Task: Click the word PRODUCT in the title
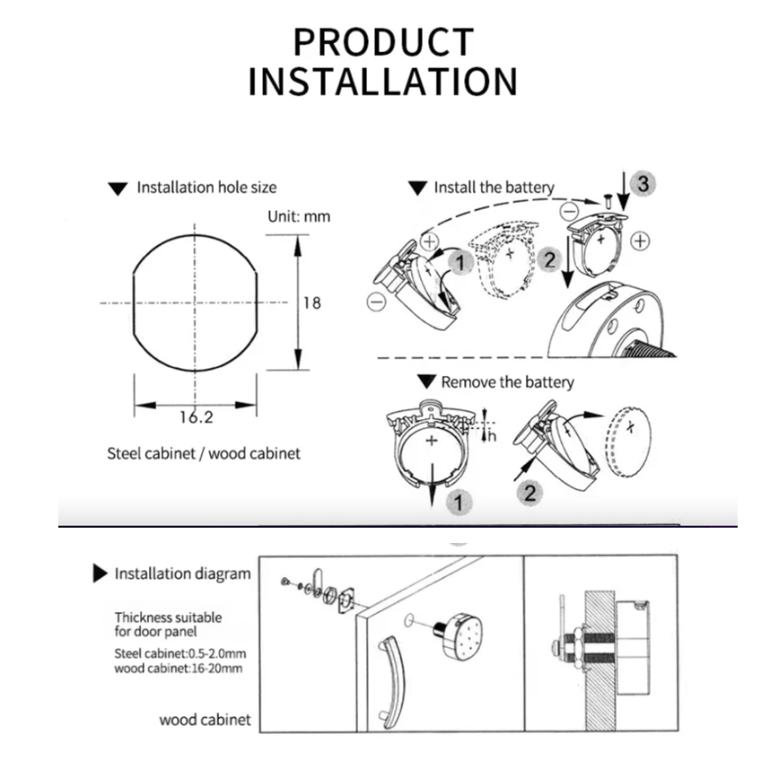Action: tap(383, 42)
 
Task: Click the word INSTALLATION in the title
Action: tap(383, 82)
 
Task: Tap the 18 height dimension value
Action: tap(312, 302)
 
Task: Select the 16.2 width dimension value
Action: tap(196, 417)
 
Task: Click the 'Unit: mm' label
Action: tap(299, 216)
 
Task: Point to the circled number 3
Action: tap(643, 183)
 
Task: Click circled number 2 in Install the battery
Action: tap(549, 259)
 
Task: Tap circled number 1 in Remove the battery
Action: tap(459, 502)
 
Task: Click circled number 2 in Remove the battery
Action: tap(529, 493)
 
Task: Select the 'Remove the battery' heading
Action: tap(507, 382)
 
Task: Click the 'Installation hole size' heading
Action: tap(206, 188)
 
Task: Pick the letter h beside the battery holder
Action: tap(493, 436)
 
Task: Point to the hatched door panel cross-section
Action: tap(600, 661)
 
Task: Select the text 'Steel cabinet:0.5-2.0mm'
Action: tap(180, 653)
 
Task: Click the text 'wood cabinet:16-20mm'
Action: tap(178, 669)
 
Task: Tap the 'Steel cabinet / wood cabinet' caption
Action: tap(204, 454)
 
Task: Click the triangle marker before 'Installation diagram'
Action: tap(100, 573)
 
